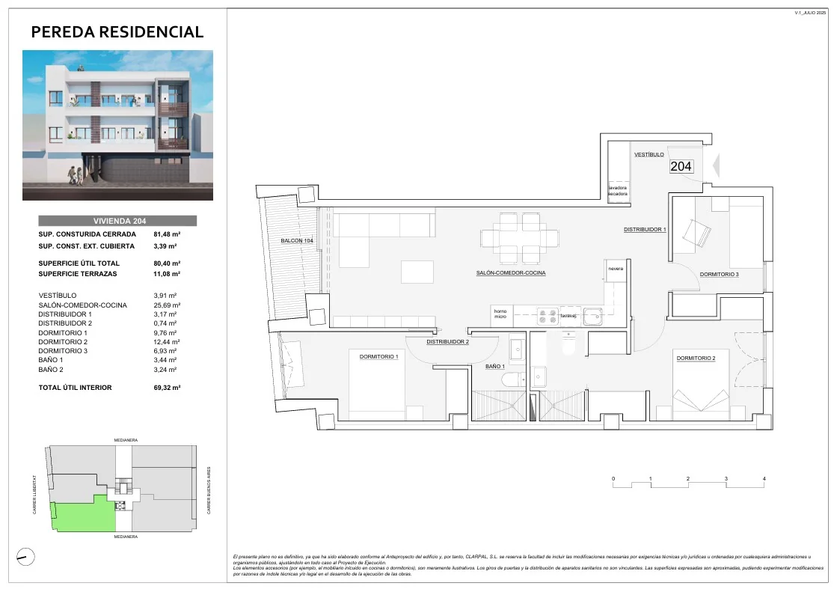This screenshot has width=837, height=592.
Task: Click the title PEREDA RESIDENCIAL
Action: point(117,31)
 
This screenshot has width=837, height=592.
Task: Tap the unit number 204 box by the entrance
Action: point(681,167)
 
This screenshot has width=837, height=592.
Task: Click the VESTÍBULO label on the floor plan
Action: point(649,154)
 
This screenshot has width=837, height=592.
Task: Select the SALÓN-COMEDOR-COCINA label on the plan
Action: point(511,273)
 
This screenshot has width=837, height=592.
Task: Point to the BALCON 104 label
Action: point(296,241)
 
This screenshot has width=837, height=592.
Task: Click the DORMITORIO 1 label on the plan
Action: point(378,357)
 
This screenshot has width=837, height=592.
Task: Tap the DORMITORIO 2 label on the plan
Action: point(696,358)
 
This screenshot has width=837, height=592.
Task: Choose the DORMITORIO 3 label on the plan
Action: point(719,275)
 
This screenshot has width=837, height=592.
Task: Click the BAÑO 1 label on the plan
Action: point(494,367)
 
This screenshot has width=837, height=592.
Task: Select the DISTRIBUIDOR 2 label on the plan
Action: point(447,342)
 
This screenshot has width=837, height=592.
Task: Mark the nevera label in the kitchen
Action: point(615,269)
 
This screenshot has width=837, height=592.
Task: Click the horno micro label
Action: point(500,314)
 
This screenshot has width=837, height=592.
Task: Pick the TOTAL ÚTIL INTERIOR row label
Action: point(75,388)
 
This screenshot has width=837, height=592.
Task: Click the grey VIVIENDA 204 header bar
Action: point(117,221)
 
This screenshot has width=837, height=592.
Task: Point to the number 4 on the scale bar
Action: point(764,478)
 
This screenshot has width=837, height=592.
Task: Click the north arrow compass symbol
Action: point(25,556)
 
